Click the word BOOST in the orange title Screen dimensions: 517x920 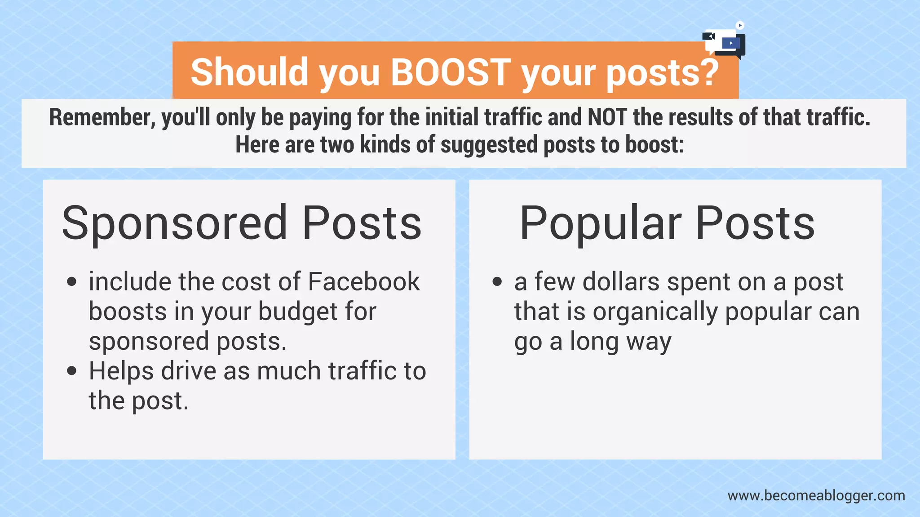pyautogui.click(x=451, y=72)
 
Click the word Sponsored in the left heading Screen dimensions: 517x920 pyautogui.click(x=174, y=223)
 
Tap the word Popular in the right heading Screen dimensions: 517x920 pyautogui.click(x=600, y=223)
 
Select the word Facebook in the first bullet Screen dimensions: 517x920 pyautogui.click(x=363, y=282)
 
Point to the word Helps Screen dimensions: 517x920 pyautogui.click(x=121, y=371)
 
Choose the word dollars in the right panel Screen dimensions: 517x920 pyautogui.click(x=621, y=282)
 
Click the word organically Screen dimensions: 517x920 pyautogui.click(x=655, y=312)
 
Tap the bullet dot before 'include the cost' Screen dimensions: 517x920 pyautogui.click(x=71, y=282)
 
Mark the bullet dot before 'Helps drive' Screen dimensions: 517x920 pyautogui.click(x=71, y=371)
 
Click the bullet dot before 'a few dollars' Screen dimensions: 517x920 pyautogui.click(x=497, y=282)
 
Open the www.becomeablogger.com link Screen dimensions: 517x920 pyautogui.click(x=816, y=495)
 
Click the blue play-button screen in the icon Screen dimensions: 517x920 pyautogui.click(x=730, y=43)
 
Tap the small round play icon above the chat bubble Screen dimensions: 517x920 pyautogui.click(x=740, y=25)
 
